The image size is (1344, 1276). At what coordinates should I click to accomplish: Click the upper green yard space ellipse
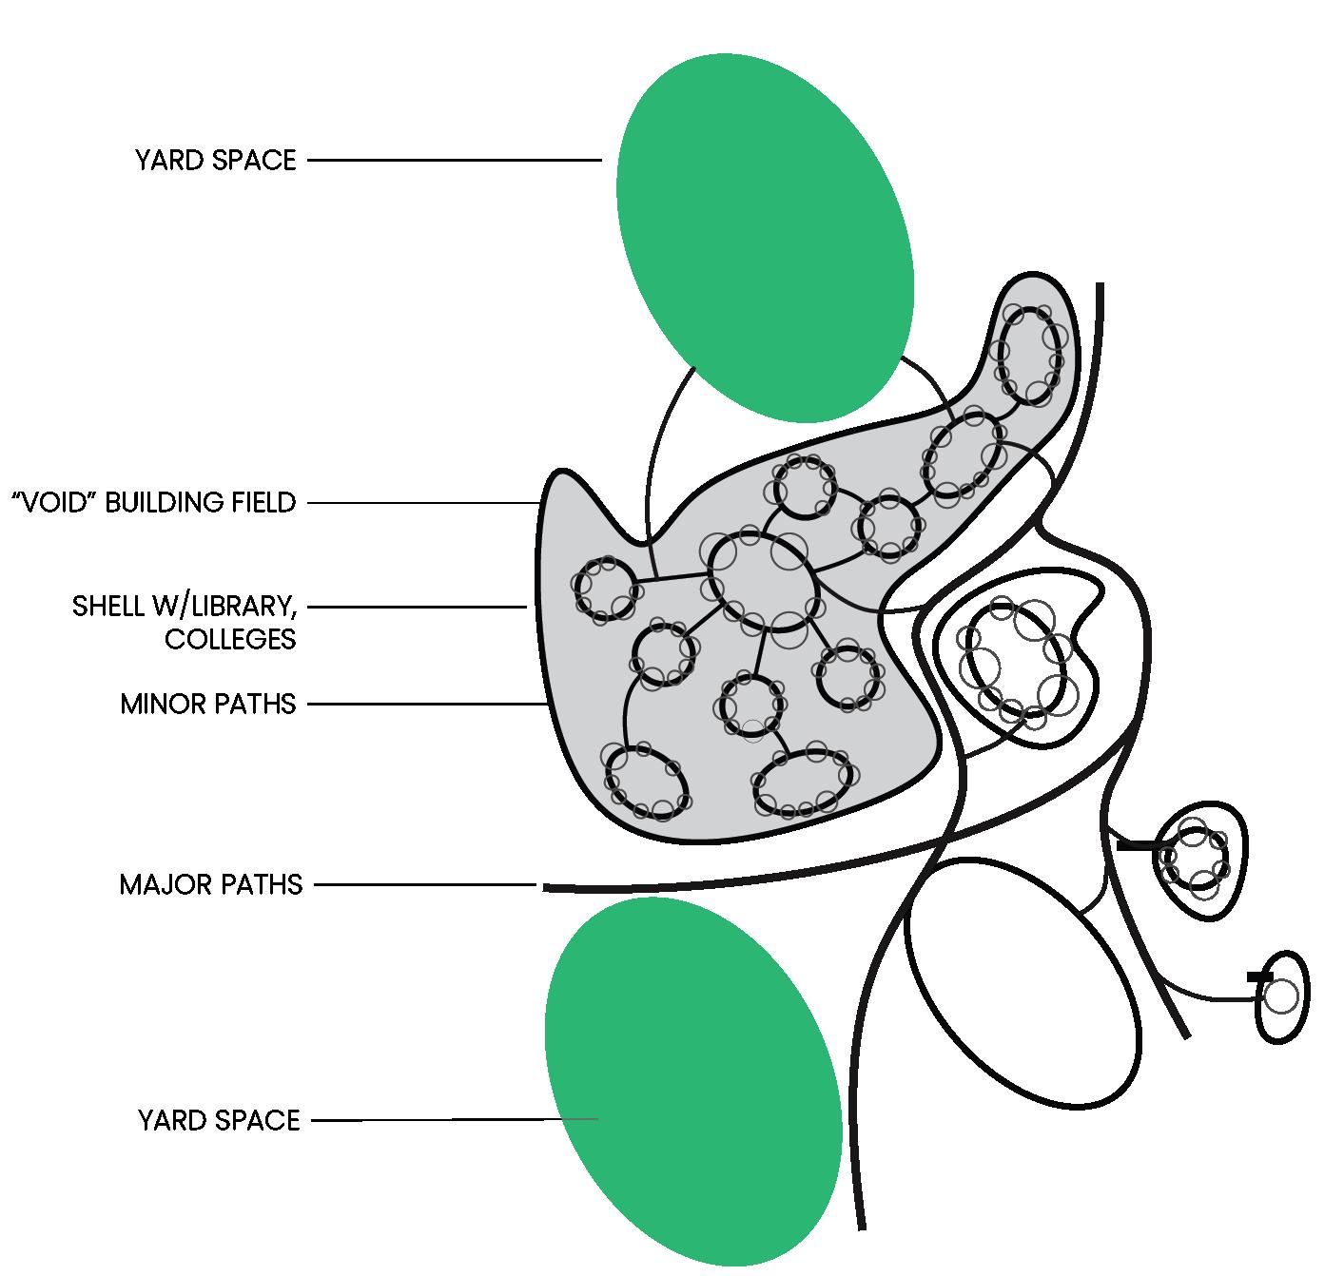(765, 238)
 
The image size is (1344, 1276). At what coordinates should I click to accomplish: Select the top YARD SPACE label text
(216, 160)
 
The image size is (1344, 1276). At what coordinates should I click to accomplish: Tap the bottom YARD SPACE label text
(219, 1120)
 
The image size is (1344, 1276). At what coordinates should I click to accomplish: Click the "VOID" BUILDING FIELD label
(153, 502)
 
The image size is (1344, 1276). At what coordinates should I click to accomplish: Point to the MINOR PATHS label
(208, 705)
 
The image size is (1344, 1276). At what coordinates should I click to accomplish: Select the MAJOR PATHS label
(210, 885)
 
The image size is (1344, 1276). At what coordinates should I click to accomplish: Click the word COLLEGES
(230, 639)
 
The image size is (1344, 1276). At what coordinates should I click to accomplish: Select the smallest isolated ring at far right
(1282, 996)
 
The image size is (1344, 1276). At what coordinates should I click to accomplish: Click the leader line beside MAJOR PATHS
(424, 885)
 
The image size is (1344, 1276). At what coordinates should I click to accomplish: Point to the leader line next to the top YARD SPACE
(455, 161)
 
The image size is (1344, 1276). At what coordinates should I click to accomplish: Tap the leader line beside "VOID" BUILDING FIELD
(423, 502)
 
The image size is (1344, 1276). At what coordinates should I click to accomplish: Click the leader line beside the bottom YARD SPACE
(455, 1121)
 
